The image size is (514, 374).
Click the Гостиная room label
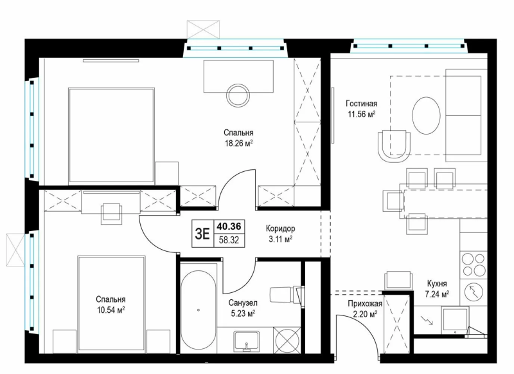point(360,103)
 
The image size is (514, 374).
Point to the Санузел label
point(242,302)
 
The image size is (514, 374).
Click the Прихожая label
point(364,304)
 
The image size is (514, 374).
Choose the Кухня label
point(437,283)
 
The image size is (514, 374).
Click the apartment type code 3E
point(202,234)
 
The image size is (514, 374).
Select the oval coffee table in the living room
point(425,115)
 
